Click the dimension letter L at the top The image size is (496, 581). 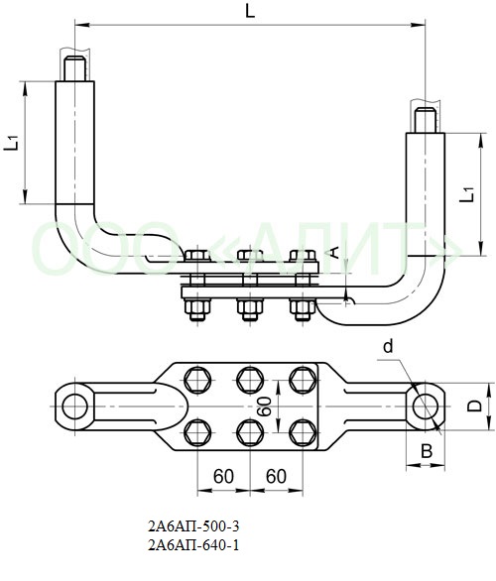click(251, 12)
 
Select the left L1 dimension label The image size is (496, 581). click(12, 143)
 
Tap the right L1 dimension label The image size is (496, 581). click(467, 194)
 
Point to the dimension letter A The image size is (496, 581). click(334, 252)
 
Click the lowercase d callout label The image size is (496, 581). click(388, 347)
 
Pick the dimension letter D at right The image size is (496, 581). click(474, 407)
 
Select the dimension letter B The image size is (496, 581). click(427, 451)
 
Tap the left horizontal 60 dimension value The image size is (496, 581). click(223, 476)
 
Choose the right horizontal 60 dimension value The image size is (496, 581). click(276, 476)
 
